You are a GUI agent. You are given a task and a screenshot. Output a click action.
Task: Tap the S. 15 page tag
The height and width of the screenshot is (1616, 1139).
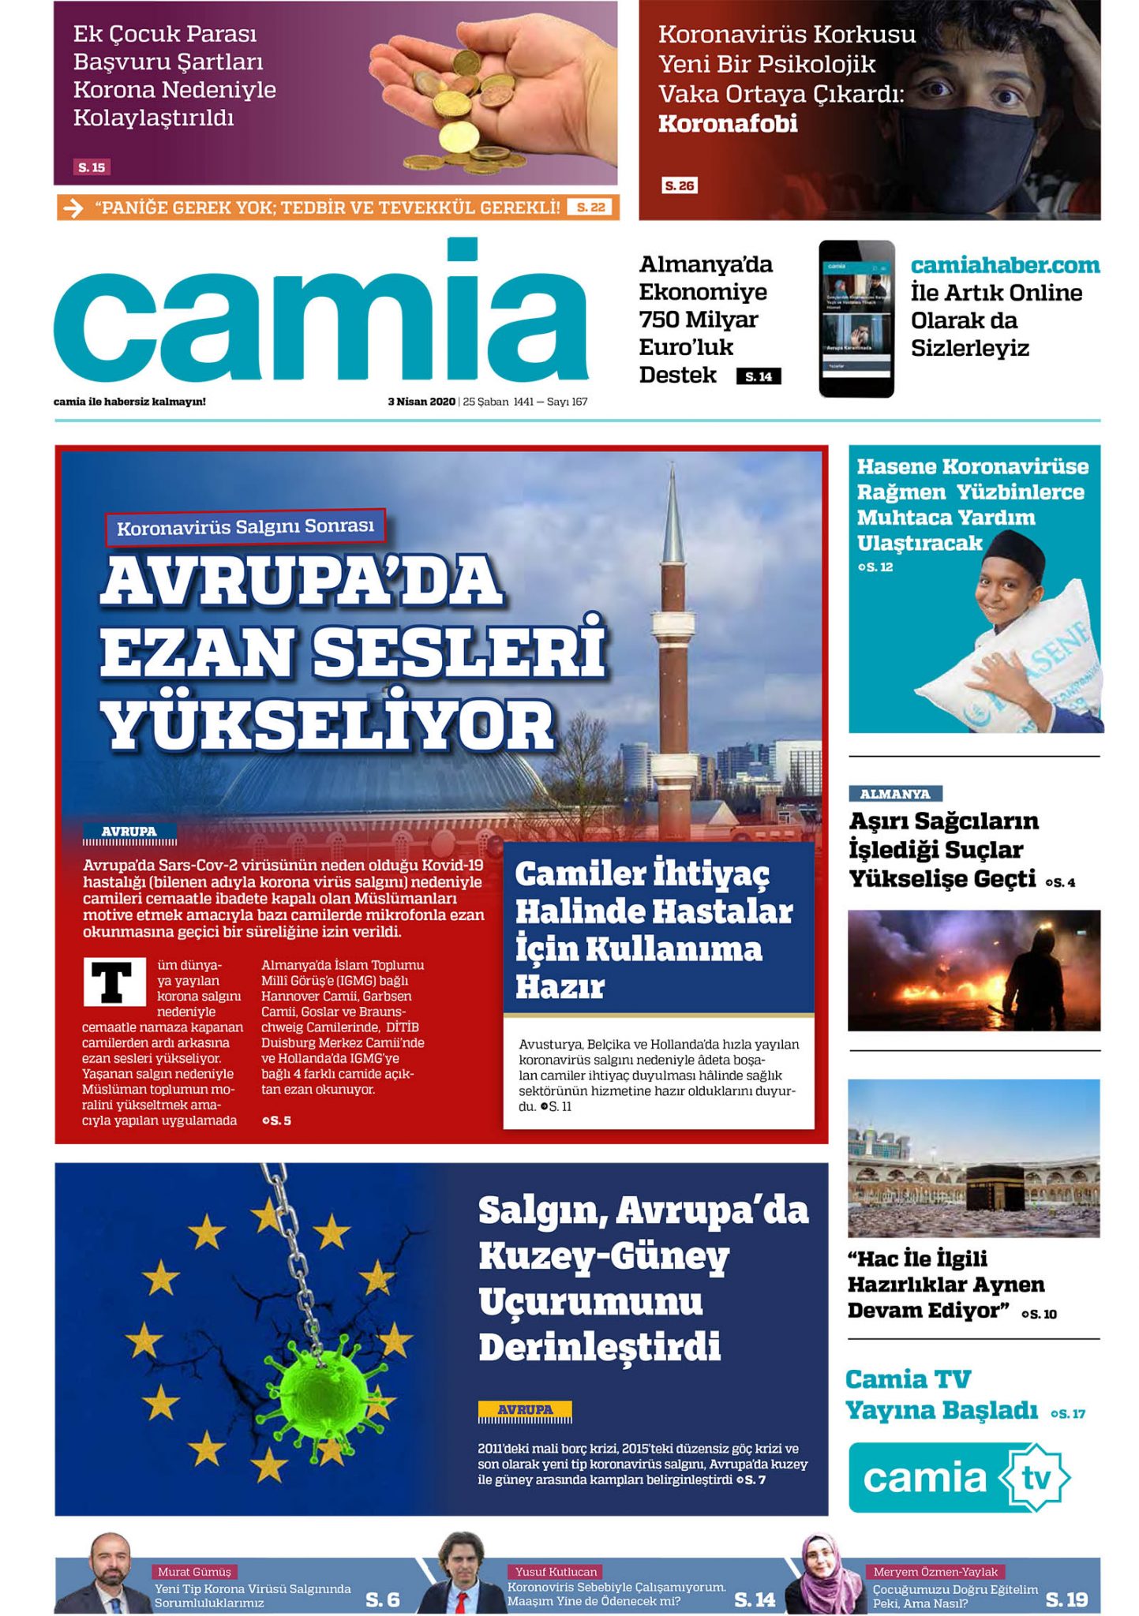pyautogui.click(x=92, y=167)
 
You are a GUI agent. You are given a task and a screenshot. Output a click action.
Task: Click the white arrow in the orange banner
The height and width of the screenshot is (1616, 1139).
pyautogui.click(x=73, y=208)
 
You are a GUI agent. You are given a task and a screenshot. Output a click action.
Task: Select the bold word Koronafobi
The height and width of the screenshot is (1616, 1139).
pyautogui.click(x=728, y=124)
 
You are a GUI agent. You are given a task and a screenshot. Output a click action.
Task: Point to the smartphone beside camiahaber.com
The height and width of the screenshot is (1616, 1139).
pyautogui.click(x=856, y=318)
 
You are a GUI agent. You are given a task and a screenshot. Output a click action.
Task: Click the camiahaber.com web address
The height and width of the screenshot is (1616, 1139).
pyautogui.click(x=1005, y=265)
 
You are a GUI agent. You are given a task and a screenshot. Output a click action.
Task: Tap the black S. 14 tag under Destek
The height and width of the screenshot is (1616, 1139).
pyautogui.click(x=759, y=376)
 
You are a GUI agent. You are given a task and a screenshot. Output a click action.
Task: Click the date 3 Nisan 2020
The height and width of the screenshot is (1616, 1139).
pyautogui.click(x=422, y=402)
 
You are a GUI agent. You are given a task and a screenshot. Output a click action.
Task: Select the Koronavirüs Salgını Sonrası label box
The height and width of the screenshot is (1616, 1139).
pyautogui.click(x=245, y=526)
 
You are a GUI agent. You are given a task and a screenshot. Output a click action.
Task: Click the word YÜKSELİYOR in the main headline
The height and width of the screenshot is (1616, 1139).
pyautogui.click(x=328, y=727)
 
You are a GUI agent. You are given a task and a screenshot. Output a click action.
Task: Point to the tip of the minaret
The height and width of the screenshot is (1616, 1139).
pyautogui.click(x=673, y=468)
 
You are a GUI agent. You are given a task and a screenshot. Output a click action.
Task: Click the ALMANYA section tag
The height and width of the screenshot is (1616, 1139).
pyautogui.click(x=895, y=794)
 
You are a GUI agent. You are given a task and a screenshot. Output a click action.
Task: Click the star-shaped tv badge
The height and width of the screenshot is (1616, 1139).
pyautogui.click(x=1035, y=1477)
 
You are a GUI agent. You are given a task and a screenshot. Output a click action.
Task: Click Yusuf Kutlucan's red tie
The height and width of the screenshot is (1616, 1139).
pyautogui.click(x=460, y=1601)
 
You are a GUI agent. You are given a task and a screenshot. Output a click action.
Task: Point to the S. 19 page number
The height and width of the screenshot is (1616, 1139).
pyautogui.click(x=1066, y=1599)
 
